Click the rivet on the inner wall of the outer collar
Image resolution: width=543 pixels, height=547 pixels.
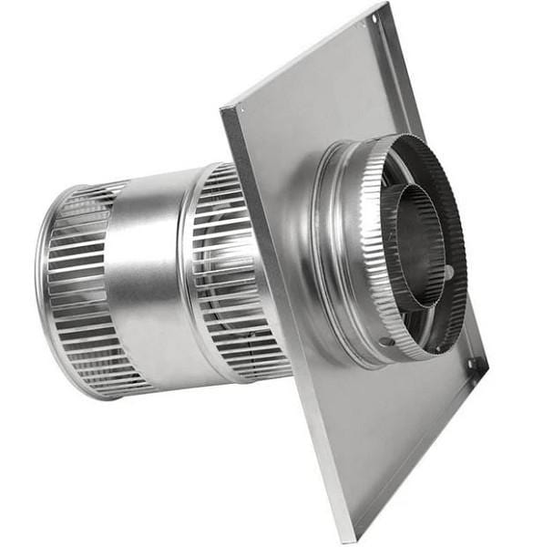point(448,272)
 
